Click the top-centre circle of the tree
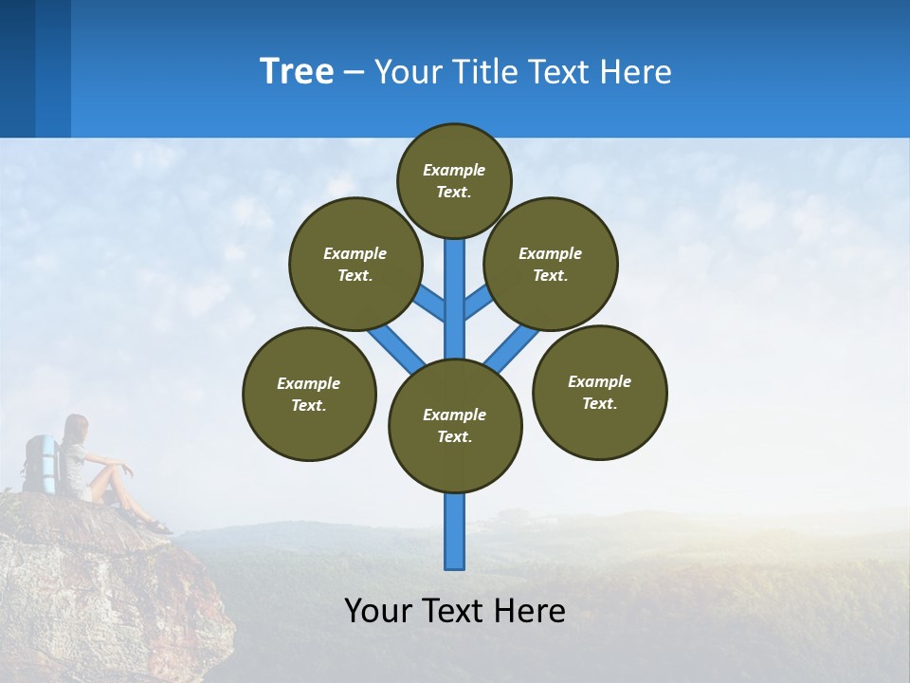pos(454,180)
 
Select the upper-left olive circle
pos(355,264)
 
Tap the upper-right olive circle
pos(551,264)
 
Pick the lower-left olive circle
pos(309,394)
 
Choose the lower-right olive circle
pos(600,392)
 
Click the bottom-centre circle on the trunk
pos(455,426)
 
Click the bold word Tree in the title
pos(297,71)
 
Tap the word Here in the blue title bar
pos(635,72)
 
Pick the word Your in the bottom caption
pos(378,610)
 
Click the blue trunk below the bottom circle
pos(455,531)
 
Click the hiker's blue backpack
pos(40,464)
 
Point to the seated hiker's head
pos(76,427)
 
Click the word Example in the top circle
pos(454,170)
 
